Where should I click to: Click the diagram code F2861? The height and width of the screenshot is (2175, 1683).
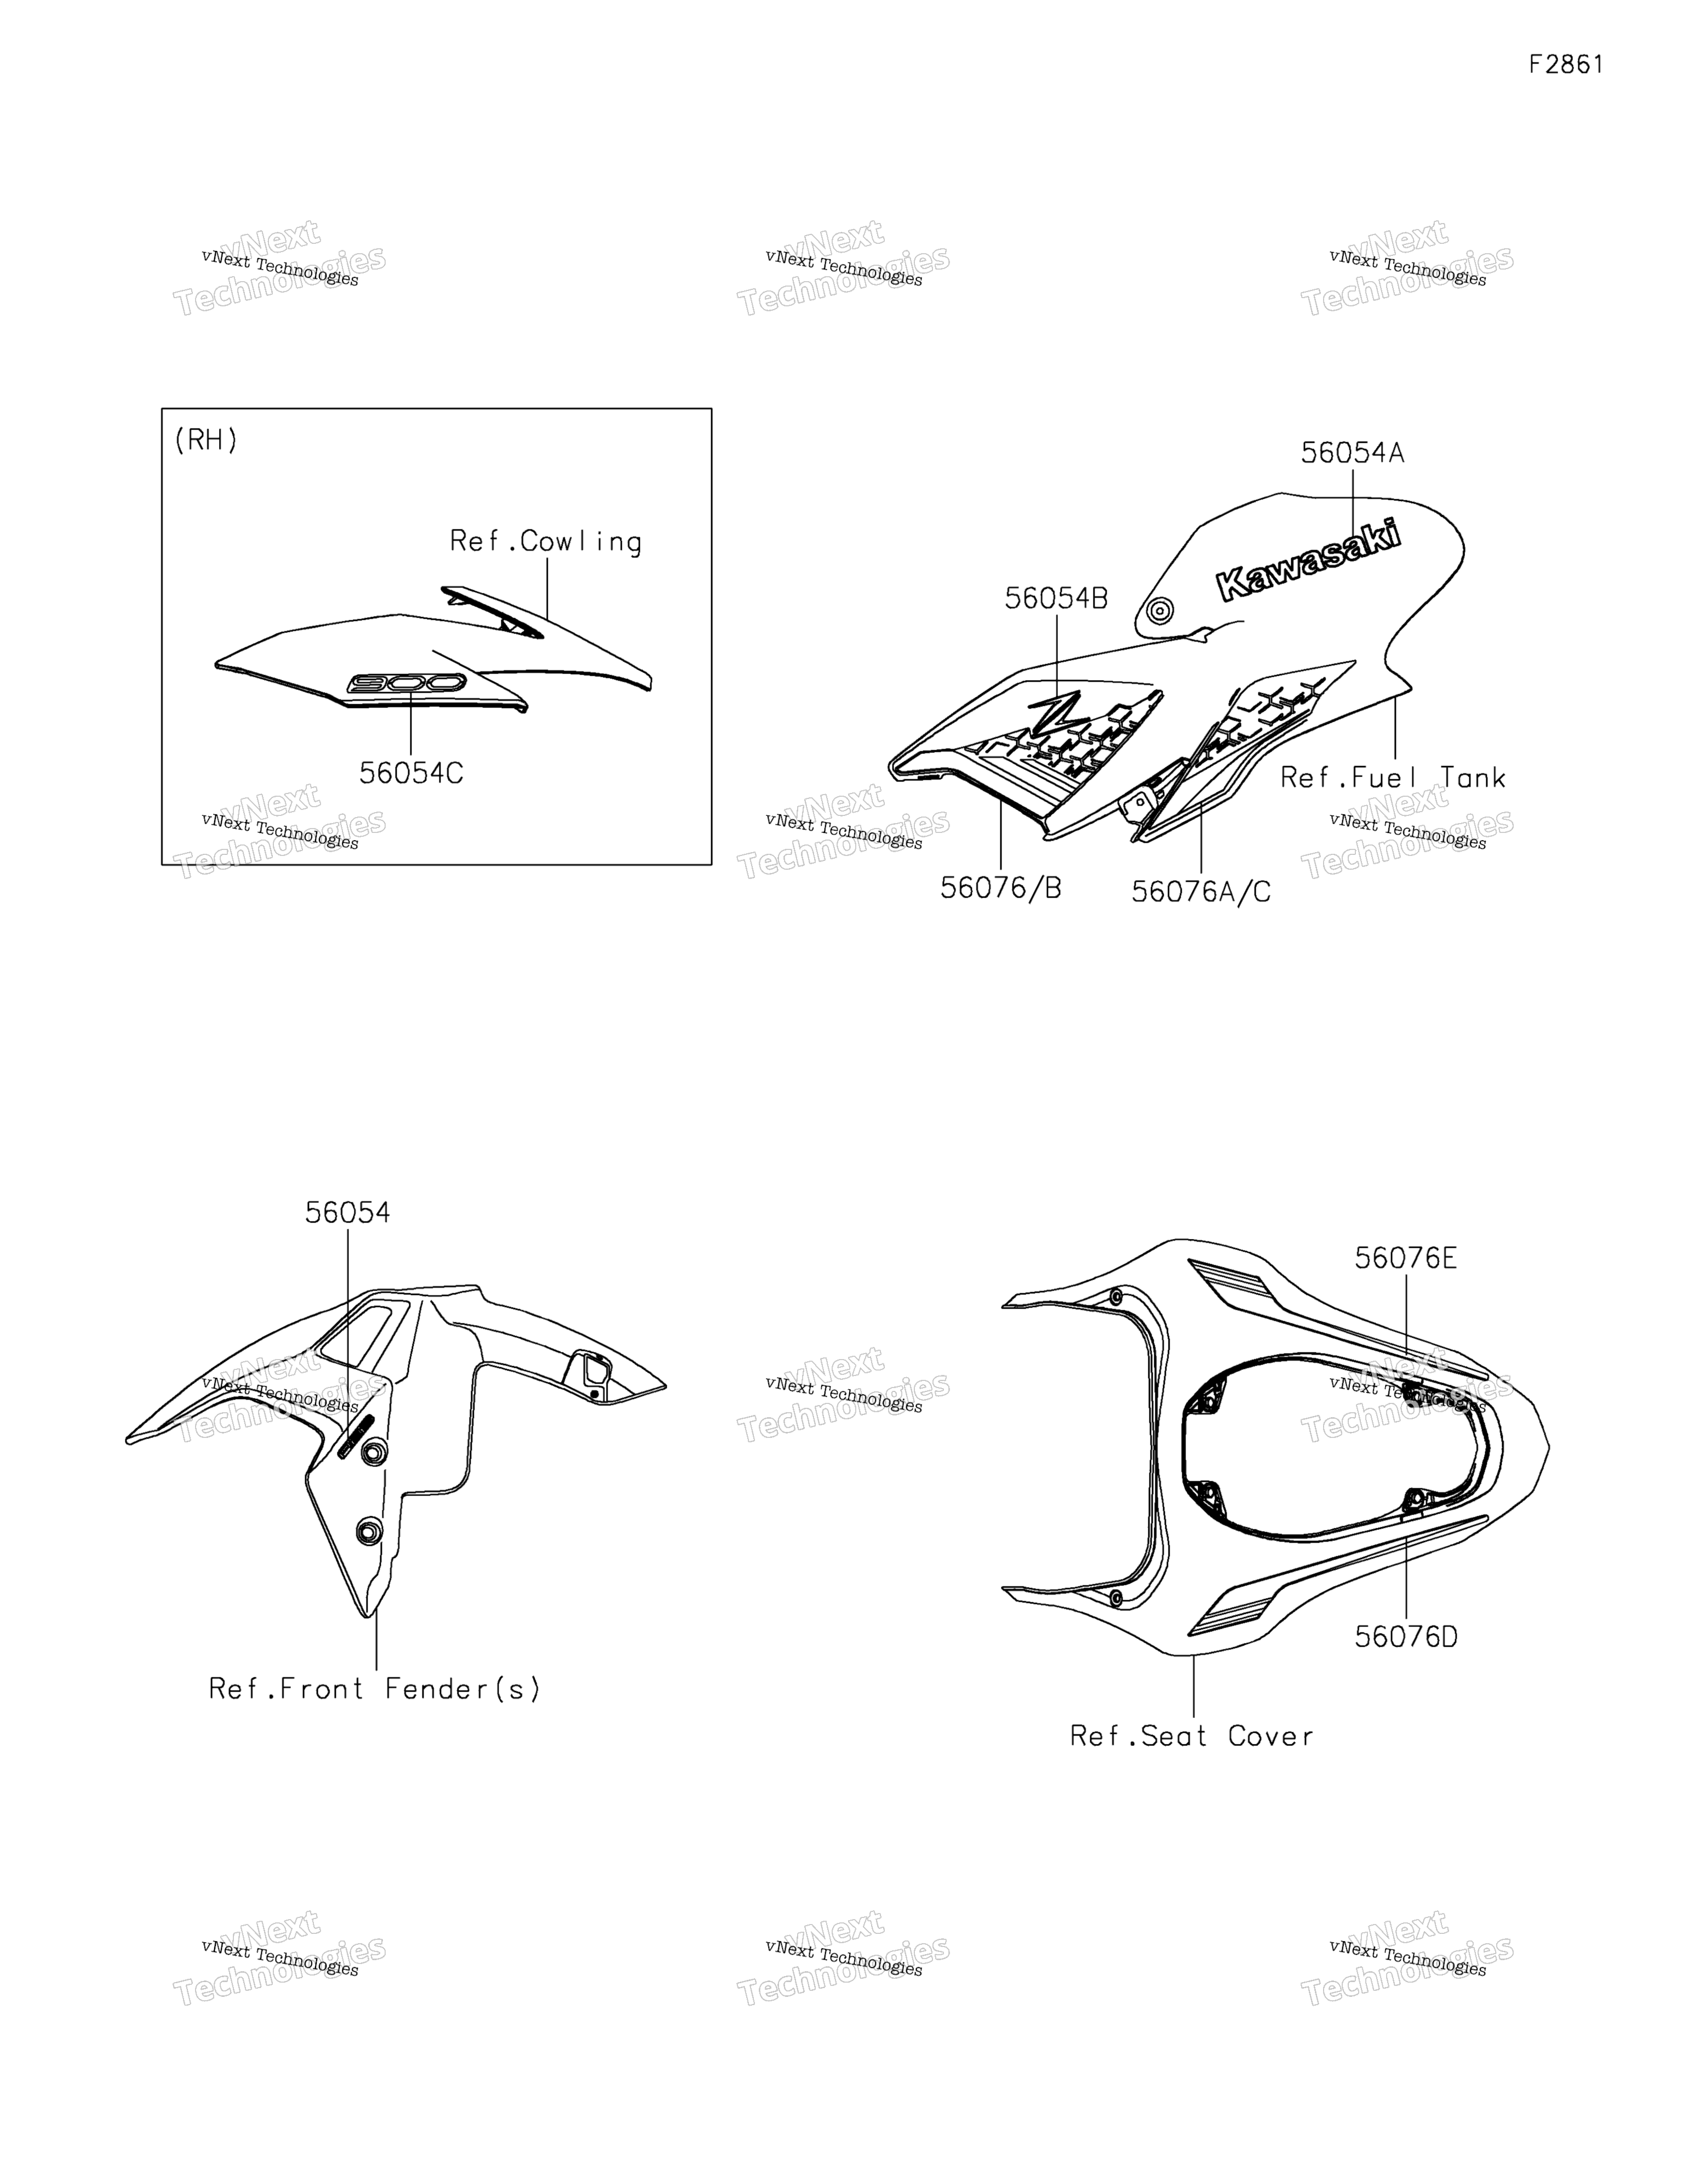click(x=1566, y=65)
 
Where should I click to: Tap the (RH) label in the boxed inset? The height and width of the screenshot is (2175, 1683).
click(x=206, y=440)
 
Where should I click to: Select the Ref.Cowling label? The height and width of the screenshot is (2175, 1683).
click(x=546, y=542)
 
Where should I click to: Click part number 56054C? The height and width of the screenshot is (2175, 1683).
click(x=411, y=774)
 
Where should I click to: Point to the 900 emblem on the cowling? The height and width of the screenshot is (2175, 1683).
click(x=407, y=683)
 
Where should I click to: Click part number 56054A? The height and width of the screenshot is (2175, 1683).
click(x=1353, y=453)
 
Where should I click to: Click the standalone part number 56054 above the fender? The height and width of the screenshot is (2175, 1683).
click(x=347, y=1213)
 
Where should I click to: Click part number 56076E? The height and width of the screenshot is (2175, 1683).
click(x=1405, y=1259)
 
